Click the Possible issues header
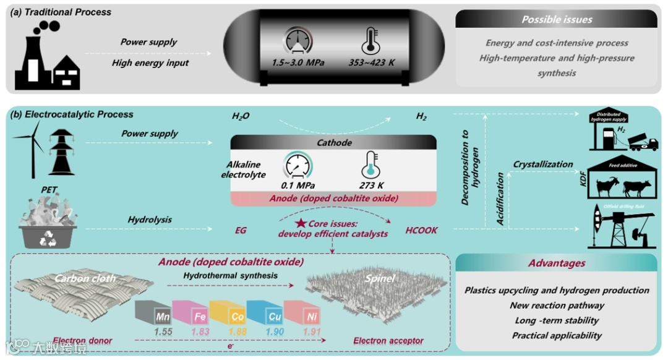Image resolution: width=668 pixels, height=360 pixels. (556, 19)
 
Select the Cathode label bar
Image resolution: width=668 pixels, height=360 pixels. (334, 143)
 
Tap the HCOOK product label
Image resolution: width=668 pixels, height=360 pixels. (421, 230)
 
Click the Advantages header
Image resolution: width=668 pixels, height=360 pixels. (556, 264)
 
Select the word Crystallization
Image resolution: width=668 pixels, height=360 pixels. (543, 164)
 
